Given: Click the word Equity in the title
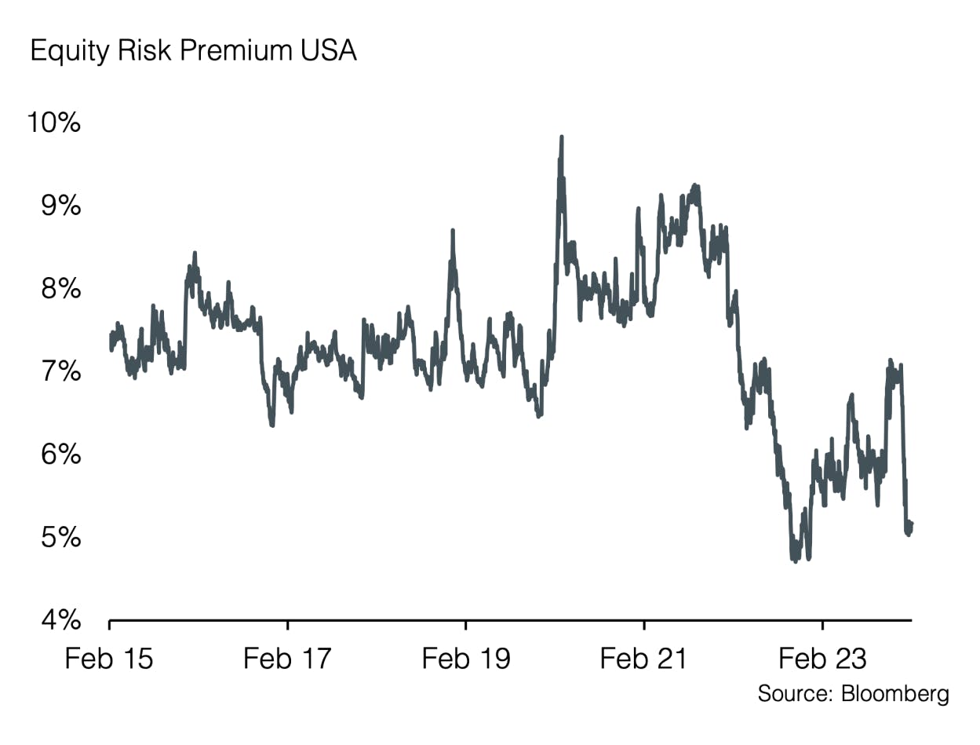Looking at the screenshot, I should [x=65, y=52].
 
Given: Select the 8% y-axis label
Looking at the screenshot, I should [x=60, y=289].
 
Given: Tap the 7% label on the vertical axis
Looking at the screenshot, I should [x=60, y=371].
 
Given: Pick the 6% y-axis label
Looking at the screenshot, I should [x=60, y=455].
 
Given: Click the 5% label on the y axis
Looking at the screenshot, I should [x=60, y=538].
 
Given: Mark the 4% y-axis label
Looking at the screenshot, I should [x=60, y=621].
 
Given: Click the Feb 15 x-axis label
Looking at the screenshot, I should [x=109, y=658].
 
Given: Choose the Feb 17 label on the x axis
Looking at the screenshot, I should [x=287, y=658].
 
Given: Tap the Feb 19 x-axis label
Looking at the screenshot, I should [x=466, y=658].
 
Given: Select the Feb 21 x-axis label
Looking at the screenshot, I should [x=643, y=658].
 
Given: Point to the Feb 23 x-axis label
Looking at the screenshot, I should [x=822, y=658].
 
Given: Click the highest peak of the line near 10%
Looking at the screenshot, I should [x=562, y=137].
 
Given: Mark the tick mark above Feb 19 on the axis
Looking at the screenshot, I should [x=466, y=626].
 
